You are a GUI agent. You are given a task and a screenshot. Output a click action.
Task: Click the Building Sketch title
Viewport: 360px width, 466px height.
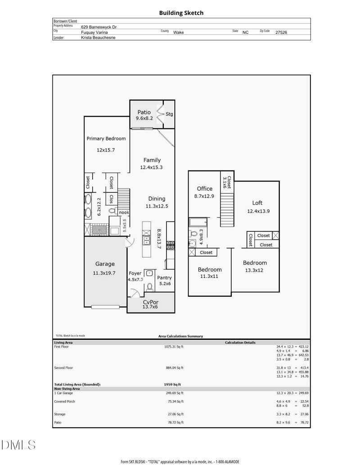coord(181,13)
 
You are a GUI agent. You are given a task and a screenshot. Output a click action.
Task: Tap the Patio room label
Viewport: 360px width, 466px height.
coord(144,112)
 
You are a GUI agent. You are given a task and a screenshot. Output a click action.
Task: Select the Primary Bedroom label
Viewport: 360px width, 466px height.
coord(106,139)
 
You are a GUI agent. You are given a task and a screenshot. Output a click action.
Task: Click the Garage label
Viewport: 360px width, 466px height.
coord(105,264)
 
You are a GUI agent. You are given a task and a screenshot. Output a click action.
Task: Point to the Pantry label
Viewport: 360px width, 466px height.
coord(164,278)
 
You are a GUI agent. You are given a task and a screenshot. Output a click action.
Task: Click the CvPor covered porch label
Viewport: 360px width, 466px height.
coord(151,302)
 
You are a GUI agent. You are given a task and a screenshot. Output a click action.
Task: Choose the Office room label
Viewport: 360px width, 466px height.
coord(205,189)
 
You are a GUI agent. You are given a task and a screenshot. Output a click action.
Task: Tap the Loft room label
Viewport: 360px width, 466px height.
coord(257,203)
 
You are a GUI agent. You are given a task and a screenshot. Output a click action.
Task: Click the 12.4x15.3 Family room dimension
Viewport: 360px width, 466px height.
coord(152,167)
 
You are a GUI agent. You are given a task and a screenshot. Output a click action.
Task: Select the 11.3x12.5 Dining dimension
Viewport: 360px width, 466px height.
coord(157,206)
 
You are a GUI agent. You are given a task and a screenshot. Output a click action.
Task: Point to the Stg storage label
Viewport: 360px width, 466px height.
coord(169,114)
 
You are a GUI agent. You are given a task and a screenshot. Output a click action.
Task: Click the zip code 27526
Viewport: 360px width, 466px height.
coord(281,32)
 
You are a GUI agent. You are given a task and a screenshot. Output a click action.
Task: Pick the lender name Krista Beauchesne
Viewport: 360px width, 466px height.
coord(98,38)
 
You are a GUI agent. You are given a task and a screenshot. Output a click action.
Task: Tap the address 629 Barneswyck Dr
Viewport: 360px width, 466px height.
coord(99,27)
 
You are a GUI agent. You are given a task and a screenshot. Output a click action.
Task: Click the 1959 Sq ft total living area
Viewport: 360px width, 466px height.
coord(172,384)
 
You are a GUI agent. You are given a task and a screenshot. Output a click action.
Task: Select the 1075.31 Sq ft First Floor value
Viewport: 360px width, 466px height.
coord(174,347)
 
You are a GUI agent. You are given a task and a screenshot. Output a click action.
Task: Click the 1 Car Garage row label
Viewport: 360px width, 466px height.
coord(63,393)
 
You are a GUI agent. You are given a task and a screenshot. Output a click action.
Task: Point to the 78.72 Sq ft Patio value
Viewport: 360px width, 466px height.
coord(175,422)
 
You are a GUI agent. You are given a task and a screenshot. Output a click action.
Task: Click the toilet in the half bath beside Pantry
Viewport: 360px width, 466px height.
coord(149,287)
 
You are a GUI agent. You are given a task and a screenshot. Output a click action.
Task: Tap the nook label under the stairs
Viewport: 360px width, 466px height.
coord(124,213)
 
